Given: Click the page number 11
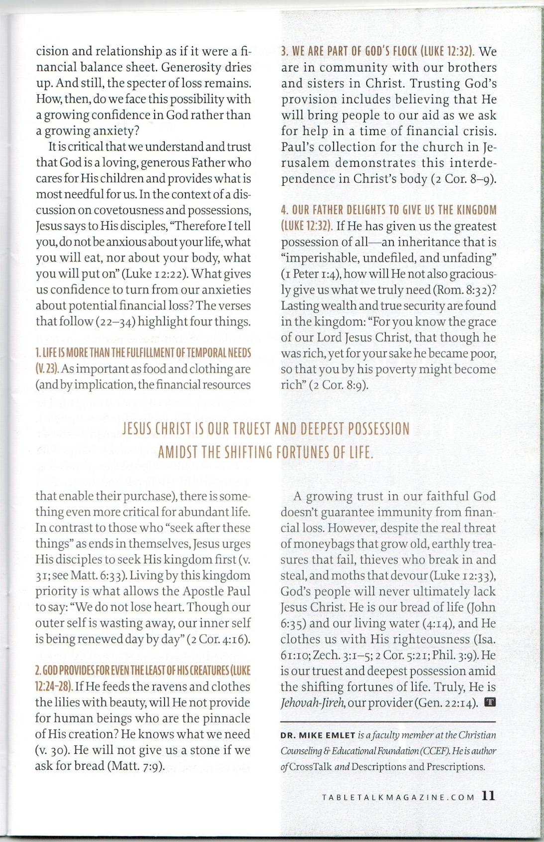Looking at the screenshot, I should click(x=489, y=796).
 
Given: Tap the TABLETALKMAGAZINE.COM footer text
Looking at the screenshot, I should click(x=398, y=797).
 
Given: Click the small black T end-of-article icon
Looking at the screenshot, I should click(x=490, y=703).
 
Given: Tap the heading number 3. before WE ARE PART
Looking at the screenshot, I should click(x=285, y=51).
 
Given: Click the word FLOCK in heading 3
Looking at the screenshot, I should click(x=402, y=51).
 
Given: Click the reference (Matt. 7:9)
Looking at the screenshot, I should click(x=135, y=766).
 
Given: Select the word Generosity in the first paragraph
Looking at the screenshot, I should click(x=192, y=67).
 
